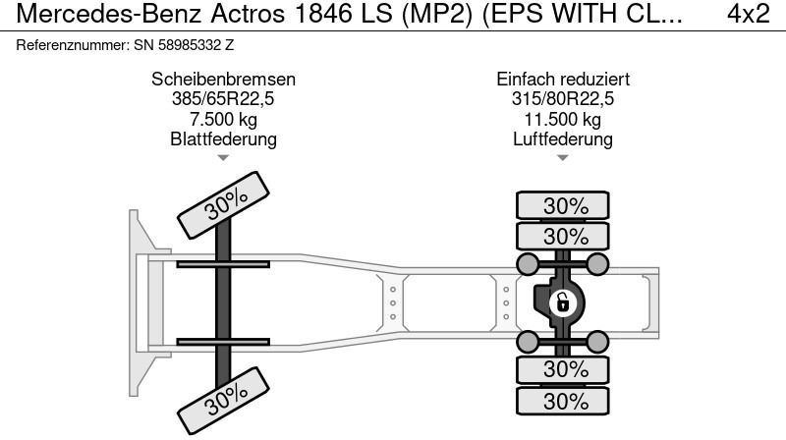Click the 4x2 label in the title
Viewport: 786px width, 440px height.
[748, 14]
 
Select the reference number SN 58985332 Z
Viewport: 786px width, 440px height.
[184, 45]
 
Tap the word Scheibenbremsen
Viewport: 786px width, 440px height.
[224, 80]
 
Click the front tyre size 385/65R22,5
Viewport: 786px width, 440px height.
[223, 99]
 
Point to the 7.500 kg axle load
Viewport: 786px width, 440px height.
[223, 119]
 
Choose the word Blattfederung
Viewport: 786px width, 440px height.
[223, 138]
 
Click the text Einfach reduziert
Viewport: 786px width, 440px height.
[563, 80]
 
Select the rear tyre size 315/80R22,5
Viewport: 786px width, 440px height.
[562, 99]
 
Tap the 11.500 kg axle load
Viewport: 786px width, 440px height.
[562, 119]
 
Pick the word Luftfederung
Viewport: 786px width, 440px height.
[562, 138]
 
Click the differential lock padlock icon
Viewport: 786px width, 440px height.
[563, 303]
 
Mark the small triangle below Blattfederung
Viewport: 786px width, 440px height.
[223, 158]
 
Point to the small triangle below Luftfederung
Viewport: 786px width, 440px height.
[562, 158]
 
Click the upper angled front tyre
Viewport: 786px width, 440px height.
[223, 205]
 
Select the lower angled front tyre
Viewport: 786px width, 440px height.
[223, 401]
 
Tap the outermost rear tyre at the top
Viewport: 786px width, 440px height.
[563, 205]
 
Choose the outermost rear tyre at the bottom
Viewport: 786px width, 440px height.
[563, 401]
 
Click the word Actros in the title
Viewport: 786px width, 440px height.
[248, 14]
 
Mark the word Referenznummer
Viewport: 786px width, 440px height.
[73, 45]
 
